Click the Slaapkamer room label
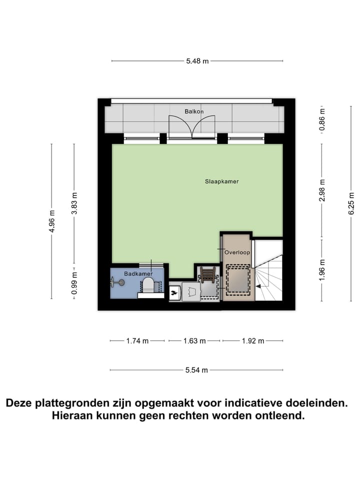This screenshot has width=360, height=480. pyautogui.click(x=221, y=181)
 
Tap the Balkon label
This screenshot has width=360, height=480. pyautogui.click(x=193, y=111)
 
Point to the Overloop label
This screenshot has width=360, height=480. pyautogui.click(x=236, y=252)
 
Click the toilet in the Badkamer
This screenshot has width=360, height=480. pyautogui.click(x=148, y=285)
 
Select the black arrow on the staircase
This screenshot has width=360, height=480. pyautogui.click(x=259, y=286)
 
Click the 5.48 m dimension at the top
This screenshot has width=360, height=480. pyautogui.click(x=197, y=61)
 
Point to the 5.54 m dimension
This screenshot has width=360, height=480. pyautogui.click(x=196, y=370)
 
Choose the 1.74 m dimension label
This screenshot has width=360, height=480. pyautogui.click(x=137, y=341)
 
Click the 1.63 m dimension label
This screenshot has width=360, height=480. pyautogui.click(x=194, y=341)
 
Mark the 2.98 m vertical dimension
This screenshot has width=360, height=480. pyautogui.click(x=322, y=190)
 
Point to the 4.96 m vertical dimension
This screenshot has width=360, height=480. pyautogui.click(x=52, y=222)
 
